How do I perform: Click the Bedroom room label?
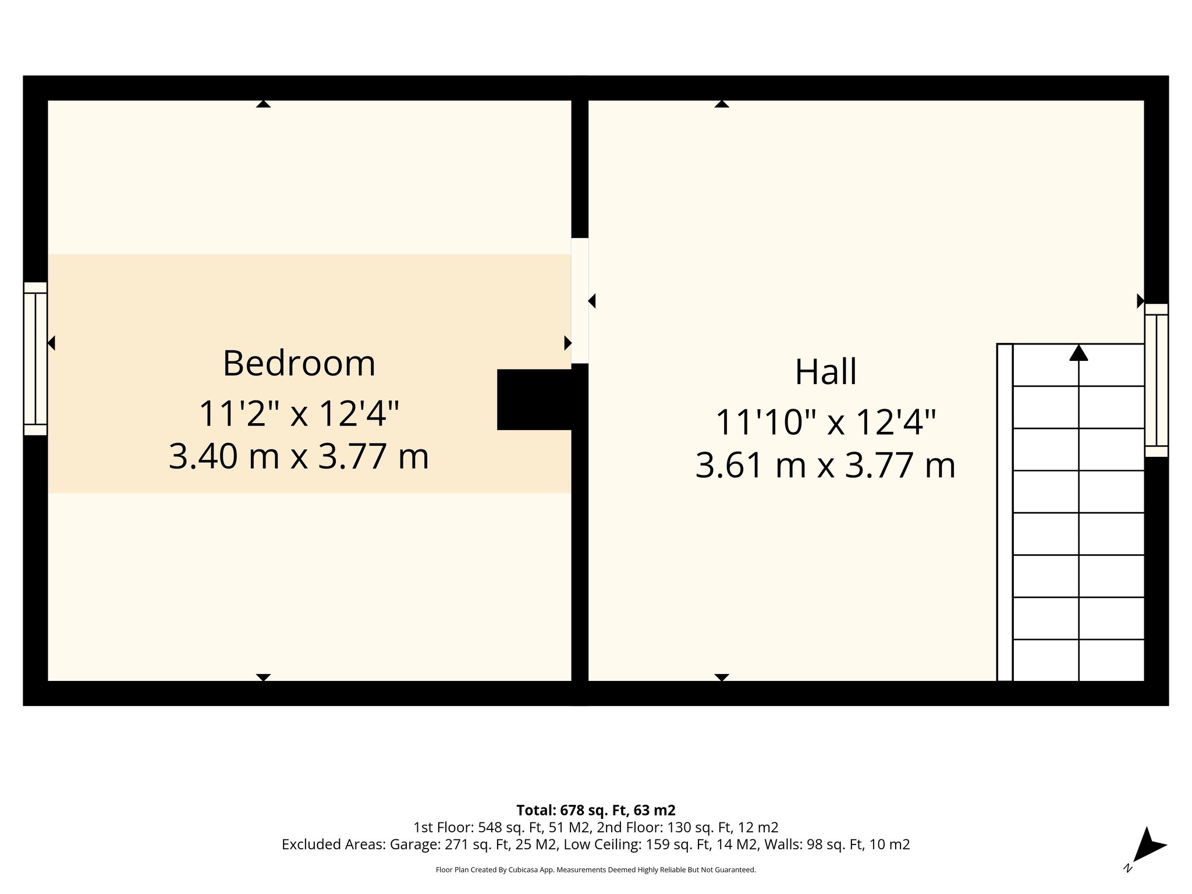coord(299,363)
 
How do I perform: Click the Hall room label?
coord(825,372)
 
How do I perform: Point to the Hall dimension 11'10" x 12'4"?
coord(825,422)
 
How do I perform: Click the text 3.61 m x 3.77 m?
coord(825,466)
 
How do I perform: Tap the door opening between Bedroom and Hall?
coord(580,300)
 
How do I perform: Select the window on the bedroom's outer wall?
coord(36,359)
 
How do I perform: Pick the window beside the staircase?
coord(1156,380)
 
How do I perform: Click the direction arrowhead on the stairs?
coord(1079,353)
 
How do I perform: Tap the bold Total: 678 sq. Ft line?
coord(595,810)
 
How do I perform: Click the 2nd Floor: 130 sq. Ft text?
coord(687,827)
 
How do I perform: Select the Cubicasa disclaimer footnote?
coord(595,870)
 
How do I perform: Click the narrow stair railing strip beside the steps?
coord(1005,512)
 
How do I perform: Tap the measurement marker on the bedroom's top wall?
coord(263,104)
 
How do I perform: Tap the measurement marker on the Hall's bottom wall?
coord(722,677)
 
